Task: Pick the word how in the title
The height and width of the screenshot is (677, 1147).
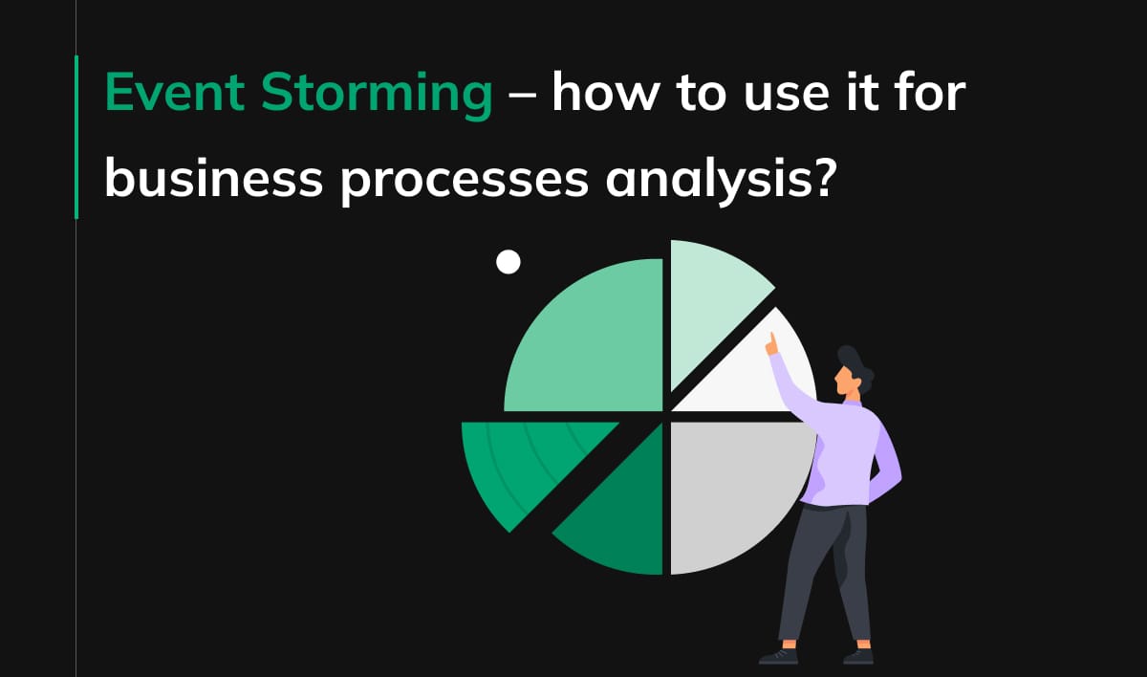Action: [606, 95]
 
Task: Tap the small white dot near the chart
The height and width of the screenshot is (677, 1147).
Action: [509, 262]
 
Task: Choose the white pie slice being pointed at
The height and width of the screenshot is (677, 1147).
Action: [755, 378]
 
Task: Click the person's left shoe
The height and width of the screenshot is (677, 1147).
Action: [778, 656]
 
